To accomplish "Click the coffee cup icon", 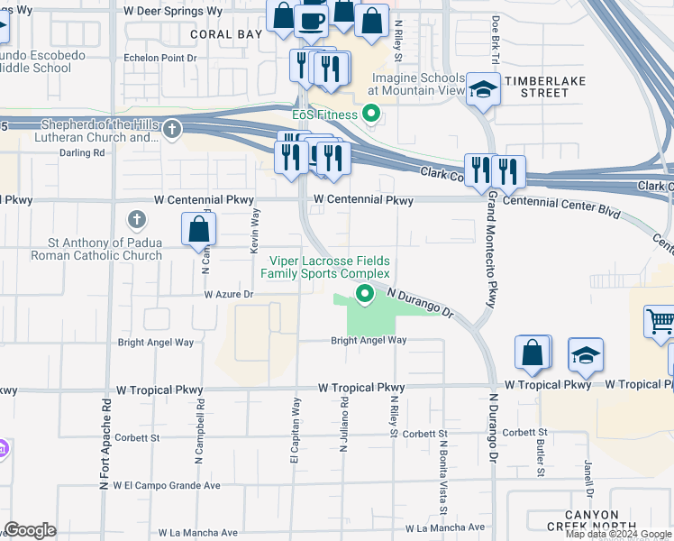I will coord(312,19).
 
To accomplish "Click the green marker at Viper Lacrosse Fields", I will coord(365,293).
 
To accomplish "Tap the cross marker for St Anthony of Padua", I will coord(137,219).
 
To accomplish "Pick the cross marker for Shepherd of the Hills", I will coord(172,130).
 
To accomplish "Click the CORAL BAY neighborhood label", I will coord(226,33).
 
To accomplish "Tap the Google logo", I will coord(31,530).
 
